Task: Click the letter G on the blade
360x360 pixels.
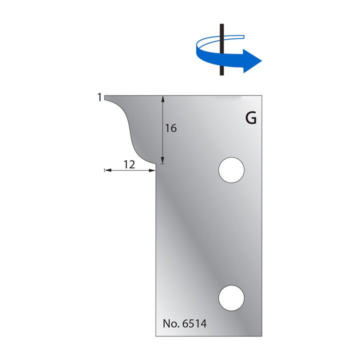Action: coord(250,118)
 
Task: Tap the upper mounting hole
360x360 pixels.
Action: coord(231,170)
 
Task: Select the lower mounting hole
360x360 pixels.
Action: coord(231,298)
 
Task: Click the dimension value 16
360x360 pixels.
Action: coord(171,128)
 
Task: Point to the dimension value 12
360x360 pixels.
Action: coord(129,164)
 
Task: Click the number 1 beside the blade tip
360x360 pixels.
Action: coord(99,97)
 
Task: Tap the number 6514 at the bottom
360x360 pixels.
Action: coord(194,323)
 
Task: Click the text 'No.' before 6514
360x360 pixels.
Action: coord(171,323)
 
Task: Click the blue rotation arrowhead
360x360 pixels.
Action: coord(252,61)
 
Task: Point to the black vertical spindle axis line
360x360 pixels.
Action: coord(222,49)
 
